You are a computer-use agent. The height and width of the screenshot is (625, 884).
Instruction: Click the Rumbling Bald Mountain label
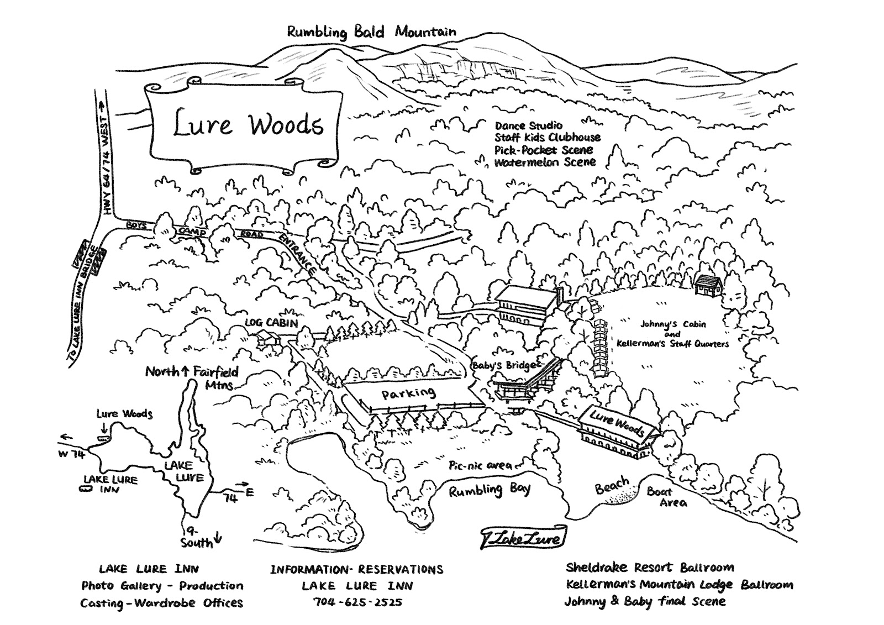coord(371,31)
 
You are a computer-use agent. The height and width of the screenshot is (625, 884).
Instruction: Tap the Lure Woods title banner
coord(246,125)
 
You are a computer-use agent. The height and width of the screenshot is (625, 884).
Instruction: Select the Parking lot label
coord(408,393)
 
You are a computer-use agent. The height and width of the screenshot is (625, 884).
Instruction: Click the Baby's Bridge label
coord(503,365)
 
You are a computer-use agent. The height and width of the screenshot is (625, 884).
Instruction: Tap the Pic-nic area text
coord(480,465)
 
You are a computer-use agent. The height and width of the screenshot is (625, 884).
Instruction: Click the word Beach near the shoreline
coord(612,486)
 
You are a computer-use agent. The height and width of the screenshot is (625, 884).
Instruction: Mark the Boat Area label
coord(667,497)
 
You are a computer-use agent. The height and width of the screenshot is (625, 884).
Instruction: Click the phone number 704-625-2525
coord(357,602)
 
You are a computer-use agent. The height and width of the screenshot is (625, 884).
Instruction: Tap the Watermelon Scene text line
coord(545,162)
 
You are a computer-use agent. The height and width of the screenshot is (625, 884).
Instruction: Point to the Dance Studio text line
coord(528,126)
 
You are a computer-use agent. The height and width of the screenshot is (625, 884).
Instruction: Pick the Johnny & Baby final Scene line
coord(645,601)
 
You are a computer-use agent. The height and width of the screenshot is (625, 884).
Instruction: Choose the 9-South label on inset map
coord(198,537)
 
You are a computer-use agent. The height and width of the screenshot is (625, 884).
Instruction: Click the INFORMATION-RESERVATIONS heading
coord(356,569)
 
